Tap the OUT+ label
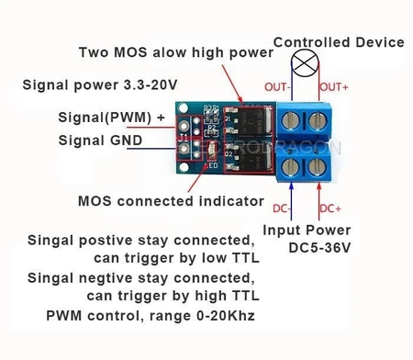pos(332,87)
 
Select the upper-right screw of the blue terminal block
pos(320,118)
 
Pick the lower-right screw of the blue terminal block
pos(320,165)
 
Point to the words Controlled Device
pos(339,42)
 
